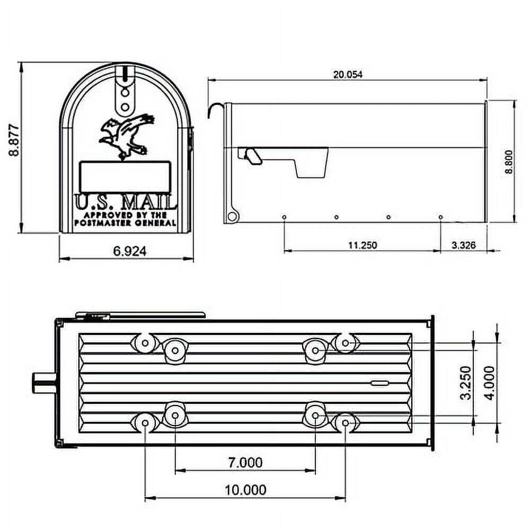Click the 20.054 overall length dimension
pos(347,75)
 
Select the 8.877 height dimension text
pos(14,140)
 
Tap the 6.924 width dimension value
pos(129,251)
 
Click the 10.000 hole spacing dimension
pos(244,490)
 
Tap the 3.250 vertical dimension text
pos(466,383)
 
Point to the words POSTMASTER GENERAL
pos(125,223)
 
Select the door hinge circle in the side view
pos(232,216)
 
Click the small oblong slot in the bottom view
pos(379,383)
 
